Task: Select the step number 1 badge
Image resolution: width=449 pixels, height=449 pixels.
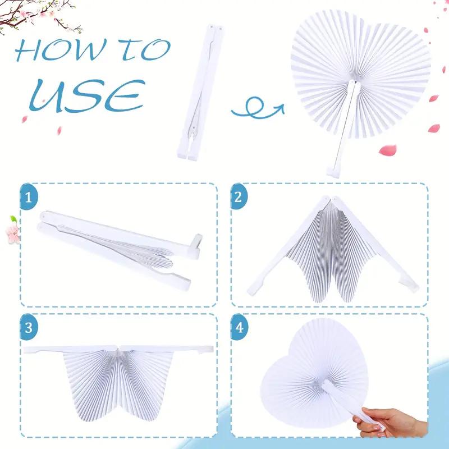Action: point(28,196)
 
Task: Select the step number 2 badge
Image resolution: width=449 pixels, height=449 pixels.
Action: point(239,196)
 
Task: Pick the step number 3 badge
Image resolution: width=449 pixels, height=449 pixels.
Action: point(28,327)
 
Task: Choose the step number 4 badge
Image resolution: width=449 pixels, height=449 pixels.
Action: point(239,327)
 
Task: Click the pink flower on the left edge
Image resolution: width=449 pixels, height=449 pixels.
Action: point(13,230)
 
